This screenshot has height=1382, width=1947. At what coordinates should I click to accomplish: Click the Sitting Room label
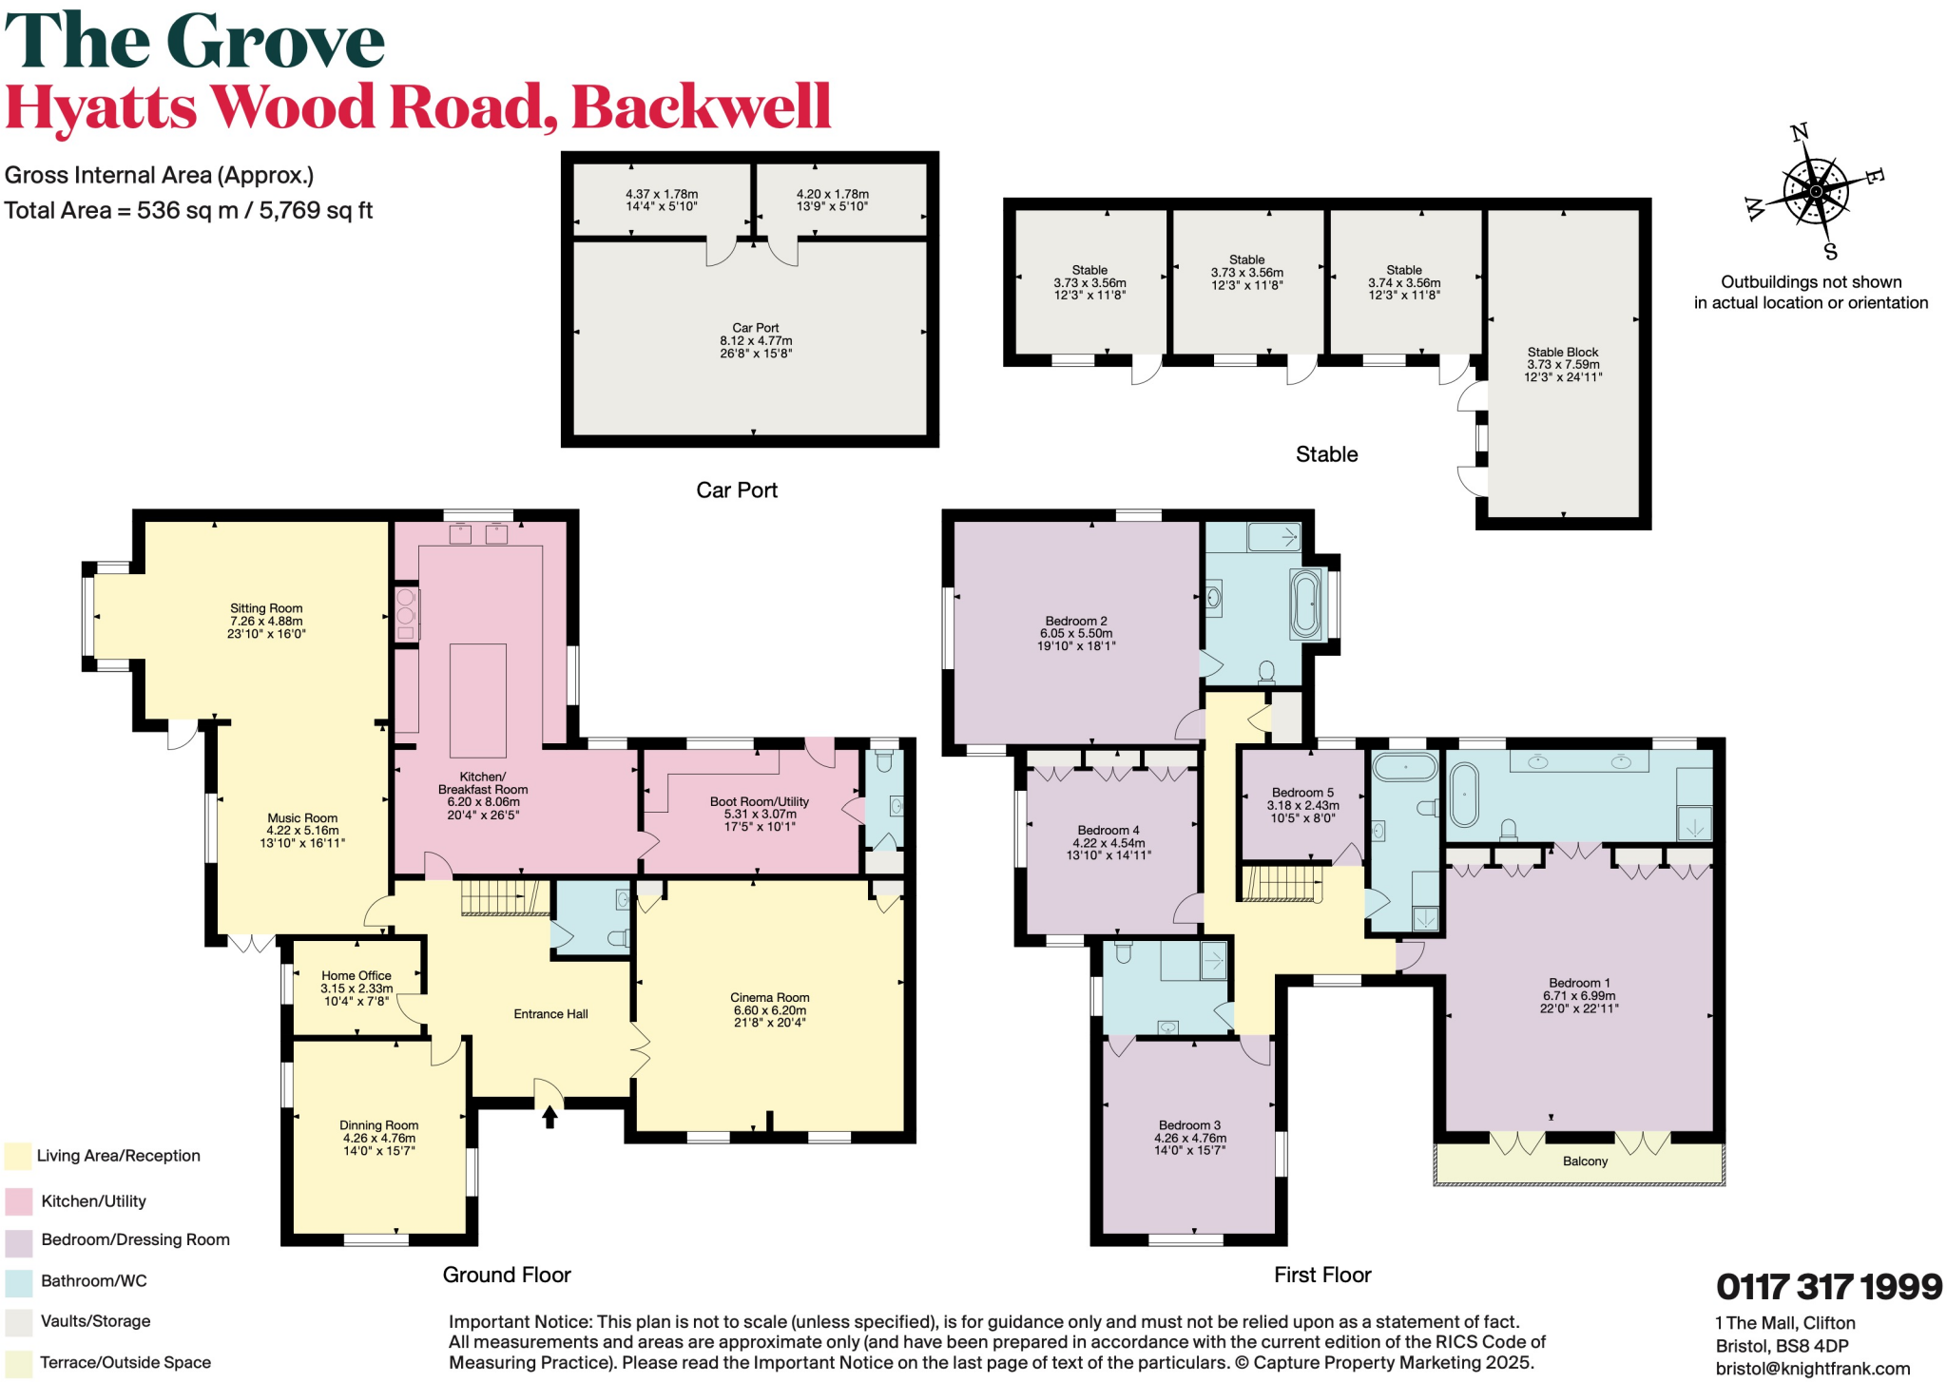pyautogui.click(x=266, y=608)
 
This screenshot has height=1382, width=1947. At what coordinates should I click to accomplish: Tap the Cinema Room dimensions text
pyautogui.click(x=769, y=1017)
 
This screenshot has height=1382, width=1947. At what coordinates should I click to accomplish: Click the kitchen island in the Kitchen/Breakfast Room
pyautogui.click(x=477, y=701)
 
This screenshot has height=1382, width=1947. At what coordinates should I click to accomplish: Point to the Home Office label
pyautogui.click(x=357, y=975)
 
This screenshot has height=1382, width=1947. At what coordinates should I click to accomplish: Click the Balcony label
pyautogui.click(x=1585, y=1161)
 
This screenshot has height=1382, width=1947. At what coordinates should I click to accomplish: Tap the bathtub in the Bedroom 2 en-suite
pyautogui.click(x=1305, y=604)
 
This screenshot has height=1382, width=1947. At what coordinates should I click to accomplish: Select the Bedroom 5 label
pyautogui.click(x=1302, y=793)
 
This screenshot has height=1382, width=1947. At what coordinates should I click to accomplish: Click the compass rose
pyautogui.click(x=1815, y=191)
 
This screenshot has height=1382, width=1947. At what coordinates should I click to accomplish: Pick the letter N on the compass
pyautogui.click(x=1799, y=133)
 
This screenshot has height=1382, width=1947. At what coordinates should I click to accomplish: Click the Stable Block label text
pyautogui.click(x=1563, y=352)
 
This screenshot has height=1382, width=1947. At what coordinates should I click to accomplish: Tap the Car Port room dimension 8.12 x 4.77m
pyautogui.click(x=756, y=341)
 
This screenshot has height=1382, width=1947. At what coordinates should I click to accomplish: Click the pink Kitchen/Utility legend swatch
pyautogui.click(x=18, y=1201)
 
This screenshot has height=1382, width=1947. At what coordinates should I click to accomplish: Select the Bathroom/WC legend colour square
pyautogui.click(x=18, y=1281)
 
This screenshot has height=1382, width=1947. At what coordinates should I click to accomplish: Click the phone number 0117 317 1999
pyautogui.click(x=1828, y=1287)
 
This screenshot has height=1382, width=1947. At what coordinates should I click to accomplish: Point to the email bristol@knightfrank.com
pyautogui.click(x=1812, y=1369)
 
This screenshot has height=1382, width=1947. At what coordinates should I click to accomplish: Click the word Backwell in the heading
pyautogui.click(x=702, y=106)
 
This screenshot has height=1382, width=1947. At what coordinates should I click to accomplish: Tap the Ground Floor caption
pyautogui.click(x=507, y=1275)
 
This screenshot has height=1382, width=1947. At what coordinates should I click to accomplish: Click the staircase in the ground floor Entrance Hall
pyautogui.click(x=504, y=898)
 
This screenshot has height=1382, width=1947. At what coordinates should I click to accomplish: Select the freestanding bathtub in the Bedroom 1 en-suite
pyautogui.click(x=1465, y=795)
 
